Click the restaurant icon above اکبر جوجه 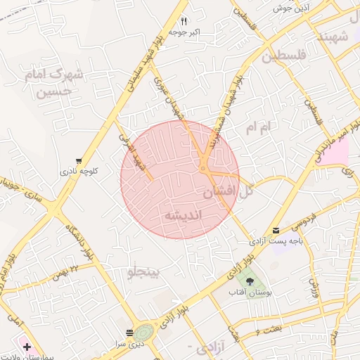pos(184,21)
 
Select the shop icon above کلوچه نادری pos(78,161)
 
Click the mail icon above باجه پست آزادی pos(276,231)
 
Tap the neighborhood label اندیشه pos(182,214)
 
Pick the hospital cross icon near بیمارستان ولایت pos(27,347)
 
